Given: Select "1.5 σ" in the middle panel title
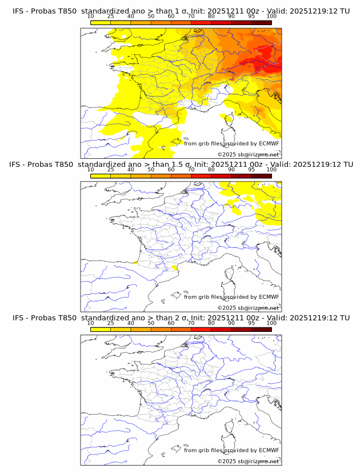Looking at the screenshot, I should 183,165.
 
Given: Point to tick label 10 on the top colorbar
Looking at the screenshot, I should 90,16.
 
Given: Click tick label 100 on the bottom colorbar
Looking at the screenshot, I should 271,323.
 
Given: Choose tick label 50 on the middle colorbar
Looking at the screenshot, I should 151,169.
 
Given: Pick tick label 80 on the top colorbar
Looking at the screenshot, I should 211,16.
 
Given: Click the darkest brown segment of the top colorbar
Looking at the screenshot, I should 261,22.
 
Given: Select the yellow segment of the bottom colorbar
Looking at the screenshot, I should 101,329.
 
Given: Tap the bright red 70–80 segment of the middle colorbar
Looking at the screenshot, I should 201,175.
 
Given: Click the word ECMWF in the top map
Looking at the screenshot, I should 269,143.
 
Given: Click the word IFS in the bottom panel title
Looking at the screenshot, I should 19,318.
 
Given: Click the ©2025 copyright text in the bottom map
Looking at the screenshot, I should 227,461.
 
